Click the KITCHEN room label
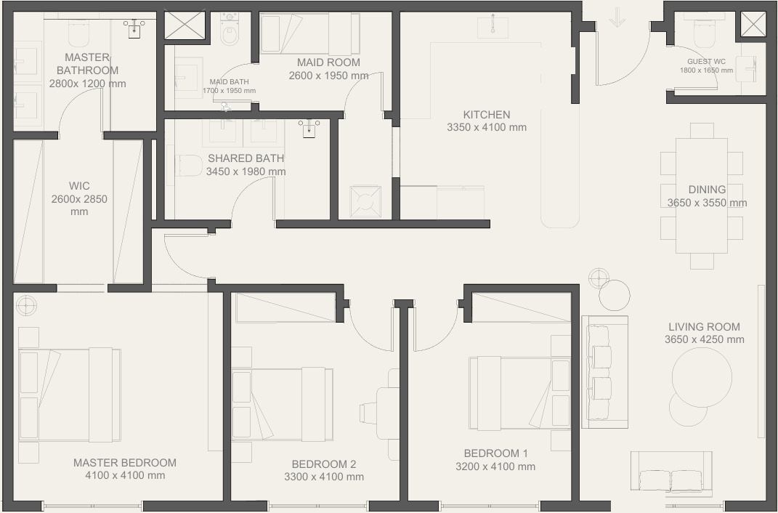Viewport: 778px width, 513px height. tap(486, 115)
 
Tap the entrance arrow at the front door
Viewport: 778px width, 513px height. tap(617, 17)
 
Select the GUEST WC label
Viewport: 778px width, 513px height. tap(706, 62)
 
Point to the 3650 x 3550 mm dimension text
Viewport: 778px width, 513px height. tap(707, 203)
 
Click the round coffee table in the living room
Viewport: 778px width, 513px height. tap(702, 377)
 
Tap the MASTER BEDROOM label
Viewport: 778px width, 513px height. tap(124, 462)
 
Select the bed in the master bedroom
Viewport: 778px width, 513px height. tap(70, 395)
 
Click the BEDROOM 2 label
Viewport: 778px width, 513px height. tap(323, 464)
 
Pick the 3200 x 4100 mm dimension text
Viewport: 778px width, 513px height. tap(495, 466)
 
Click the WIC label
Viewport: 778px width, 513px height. tap(79, 186)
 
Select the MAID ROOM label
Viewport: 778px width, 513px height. tap(328, 62)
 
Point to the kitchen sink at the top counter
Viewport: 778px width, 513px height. tap(493, 26)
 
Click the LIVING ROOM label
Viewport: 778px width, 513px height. tap(704, 327)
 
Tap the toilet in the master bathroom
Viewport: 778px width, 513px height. tap(78, 31)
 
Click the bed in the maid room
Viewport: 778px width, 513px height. tap(309, 33)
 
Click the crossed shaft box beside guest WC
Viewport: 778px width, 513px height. tap(753, 24)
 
